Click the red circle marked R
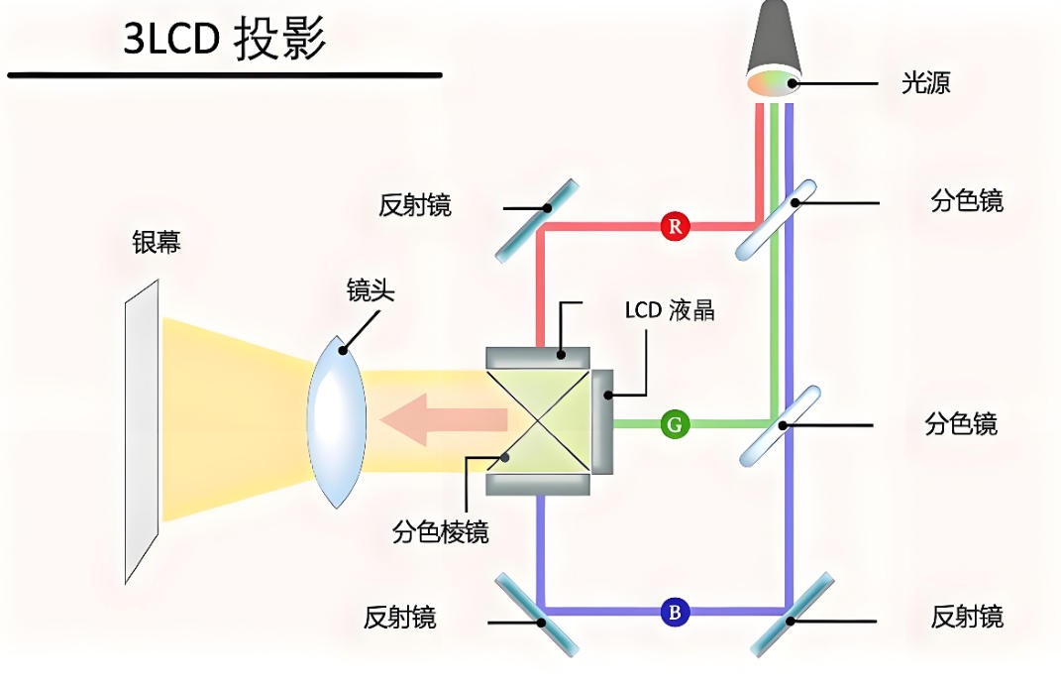[x=675, y=226]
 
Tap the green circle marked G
[x=675, y=425]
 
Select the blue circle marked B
[x=675, y=612]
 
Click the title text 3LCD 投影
[x=225, y=41]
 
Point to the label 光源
[x=925, y=83]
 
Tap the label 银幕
[x=157, y=242]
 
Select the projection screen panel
[x=141, y=430]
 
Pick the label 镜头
[x=371, y=290]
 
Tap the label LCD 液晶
[x=669, y=309]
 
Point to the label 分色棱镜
[x=440, y=532]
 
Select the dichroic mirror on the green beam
[x=781, y=425]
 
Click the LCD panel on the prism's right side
[x=603, y=421]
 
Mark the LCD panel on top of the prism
[x=538, y=355]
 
